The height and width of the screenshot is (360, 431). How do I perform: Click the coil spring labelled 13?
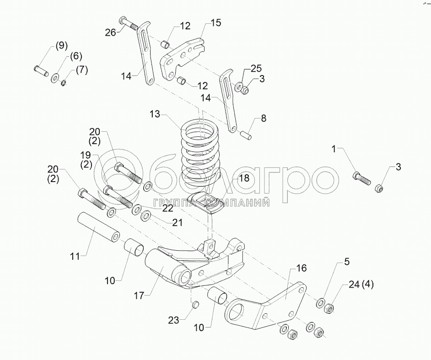[200, 151]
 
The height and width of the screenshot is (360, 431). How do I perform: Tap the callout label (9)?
[61, 45]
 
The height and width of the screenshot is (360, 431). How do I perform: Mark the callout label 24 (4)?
[361, 284]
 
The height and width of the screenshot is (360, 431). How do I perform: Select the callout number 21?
[177, 223]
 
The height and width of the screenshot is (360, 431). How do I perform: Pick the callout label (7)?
[81, 70]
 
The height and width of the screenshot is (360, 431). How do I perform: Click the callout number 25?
[256, 68]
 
